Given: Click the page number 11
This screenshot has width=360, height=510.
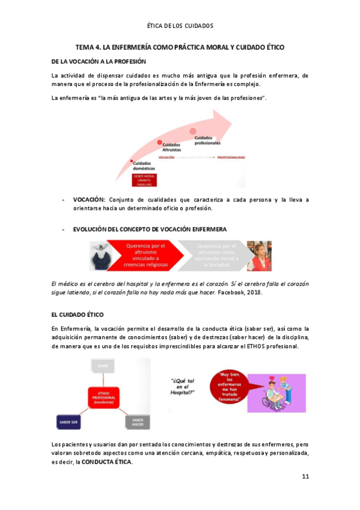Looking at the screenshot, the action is click(305, 477).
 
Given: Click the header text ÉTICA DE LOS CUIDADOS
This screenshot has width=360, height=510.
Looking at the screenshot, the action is click(180, 26).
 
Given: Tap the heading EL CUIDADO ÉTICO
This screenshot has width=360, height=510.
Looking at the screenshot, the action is click(78, 315).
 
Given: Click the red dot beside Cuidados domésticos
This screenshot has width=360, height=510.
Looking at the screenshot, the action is click(133, 161).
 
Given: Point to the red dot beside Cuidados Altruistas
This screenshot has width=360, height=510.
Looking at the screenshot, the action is click(160, 143).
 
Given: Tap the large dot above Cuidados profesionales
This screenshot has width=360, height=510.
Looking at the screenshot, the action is click(194, 131).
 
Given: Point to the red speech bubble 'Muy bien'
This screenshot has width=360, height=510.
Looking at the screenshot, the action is click(231, 385).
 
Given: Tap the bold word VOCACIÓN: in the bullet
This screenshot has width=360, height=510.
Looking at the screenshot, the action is click(89, 200).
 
